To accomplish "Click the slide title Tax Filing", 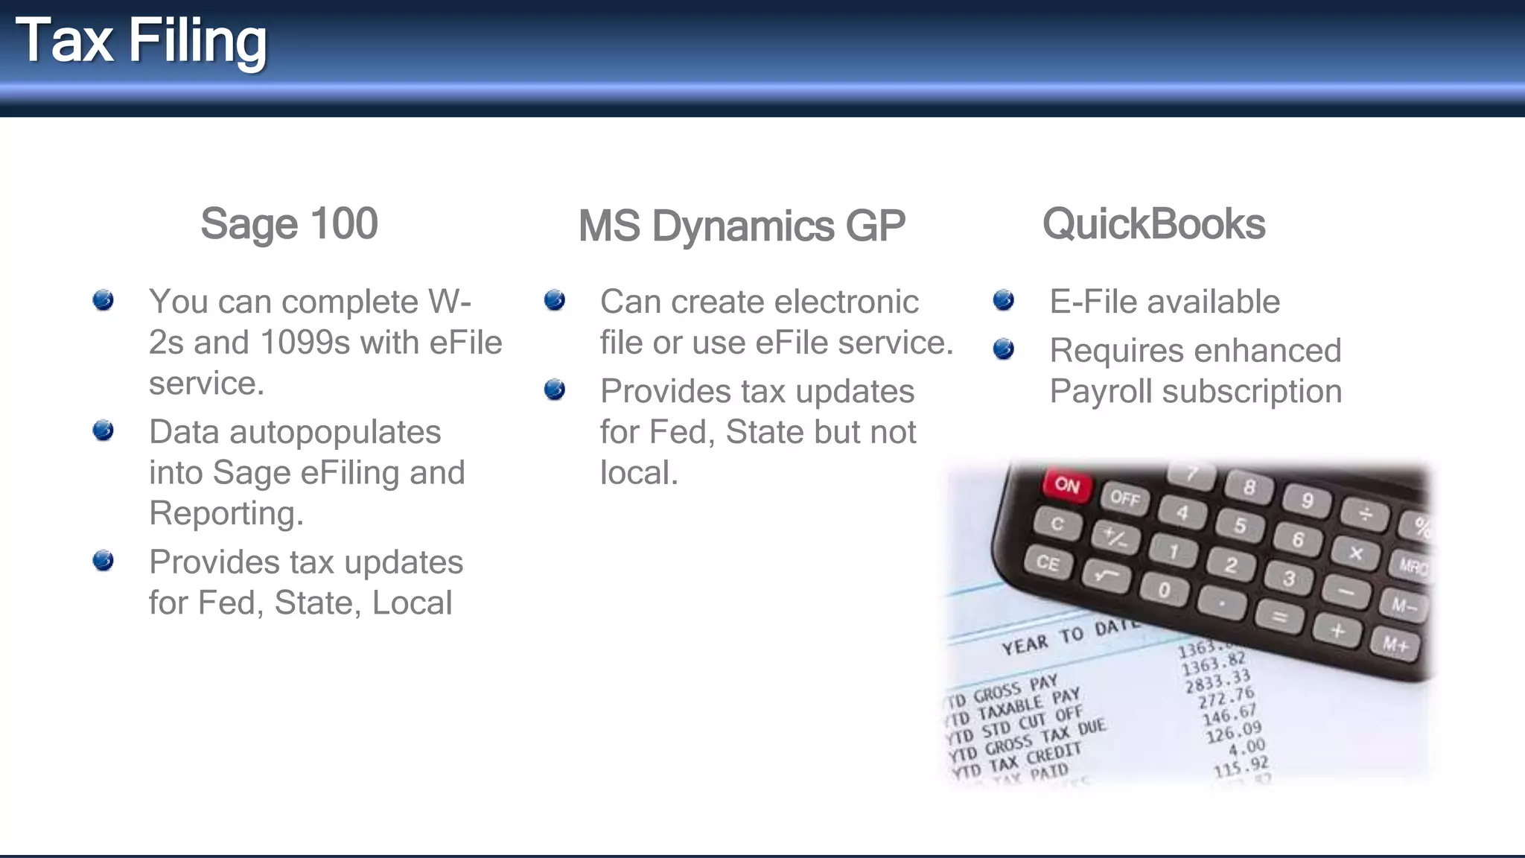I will click(x=141, y=42).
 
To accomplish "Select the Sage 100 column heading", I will click(x=289, y=223).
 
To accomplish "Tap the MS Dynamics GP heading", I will click(x=742, y=226).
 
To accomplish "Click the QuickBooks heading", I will click(x=1153, y=223).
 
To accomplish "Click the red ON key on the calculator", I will click(x=1067, y=485).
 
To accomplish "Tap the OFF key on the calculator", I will click(x=1124, y=498).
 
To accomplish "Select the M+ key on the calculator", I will click(x=1395, y=643).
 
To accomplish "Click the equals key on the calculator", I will click(x=1279, y=617).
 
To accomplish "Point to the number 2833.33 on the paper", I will click(x=1217, y=680).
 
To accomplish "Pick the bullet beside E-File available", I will click(x=1004, y=300).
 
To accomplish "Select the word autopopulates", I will click(x=335, y=432).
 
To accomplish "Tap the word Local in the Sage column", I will click(x=412, y=603).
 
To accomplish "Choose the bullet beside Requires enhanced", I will click(x=1004, y=349).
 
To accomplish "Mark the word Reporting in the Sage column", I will click(x=226, y=514).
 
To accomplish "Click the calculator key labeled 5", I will click(x=1240, y=525).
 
